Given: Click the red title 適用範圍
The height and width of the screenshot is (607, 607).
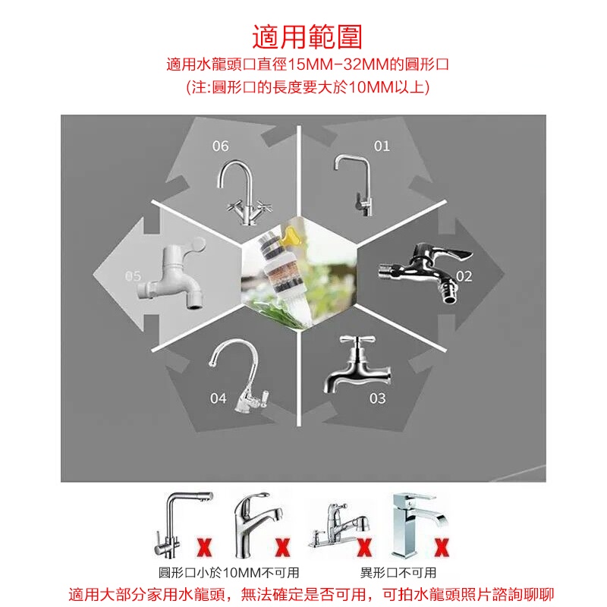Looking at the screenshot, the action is [x=307, y=37].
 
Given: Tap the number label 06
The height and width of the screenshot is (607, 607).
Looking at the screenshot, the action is [x=220, y=146].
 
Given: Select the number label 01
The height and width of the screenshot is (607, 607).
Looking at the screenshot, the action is [x=382, y=146].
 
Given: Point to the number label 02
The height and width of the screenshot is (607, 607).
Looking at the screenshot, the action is [x=464, y=276].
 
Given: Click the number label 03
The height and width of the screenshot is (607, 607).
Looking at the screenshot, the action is [x=377, y=398].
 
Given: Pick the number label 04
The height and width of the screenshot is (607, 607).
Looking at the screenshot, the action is [x=218, y=398].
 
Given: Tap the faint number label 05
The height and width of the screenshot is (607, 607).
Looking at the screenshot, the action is [x=133, y=276].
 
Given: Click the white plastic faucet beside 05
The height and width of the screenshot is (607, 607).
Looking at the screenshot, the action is [x=172, y=273].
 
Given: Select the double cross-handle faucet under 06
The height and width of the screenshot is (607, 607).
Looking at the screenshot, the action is [x=244, y=193].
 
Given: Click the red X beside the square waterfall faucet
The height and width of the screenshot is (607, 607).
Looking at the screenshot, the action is [x=442, y=547].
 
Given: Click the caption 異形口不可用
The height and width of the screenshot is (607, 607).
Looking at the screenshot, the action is [x=398, y=573].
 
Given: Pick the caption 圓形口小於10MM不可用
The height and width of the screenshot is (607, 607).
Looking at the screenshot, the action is [x=229, y=573].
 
